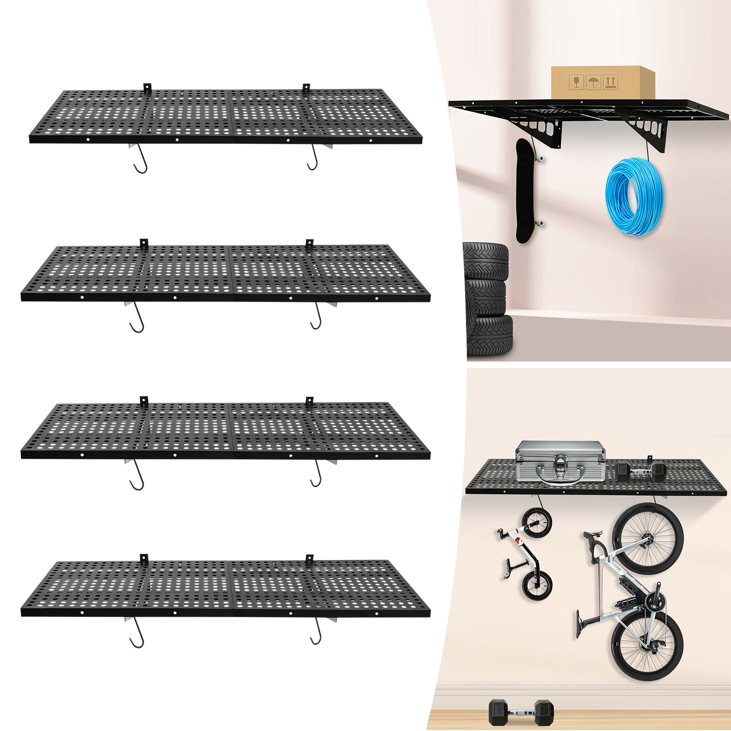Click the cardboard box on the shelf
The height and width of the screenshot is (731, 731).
coord(602,83)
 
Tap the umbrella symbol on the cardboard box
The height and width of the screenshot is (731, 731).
coord(593,83)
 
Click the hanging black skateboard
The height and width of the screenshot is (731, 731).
coord(526,191)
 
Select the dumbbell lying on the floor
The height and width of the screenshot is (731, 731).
coord(521,711)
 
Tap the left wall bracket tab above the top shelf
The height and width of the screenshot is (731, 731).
coord(147,87)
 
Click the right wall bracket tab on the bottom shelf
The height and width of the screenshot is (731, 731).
coord(309,559)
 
